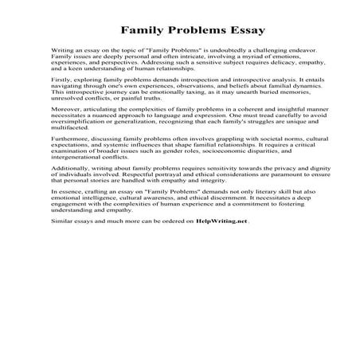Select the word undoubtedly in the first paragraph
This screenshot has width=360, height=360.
pos(213,49)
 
